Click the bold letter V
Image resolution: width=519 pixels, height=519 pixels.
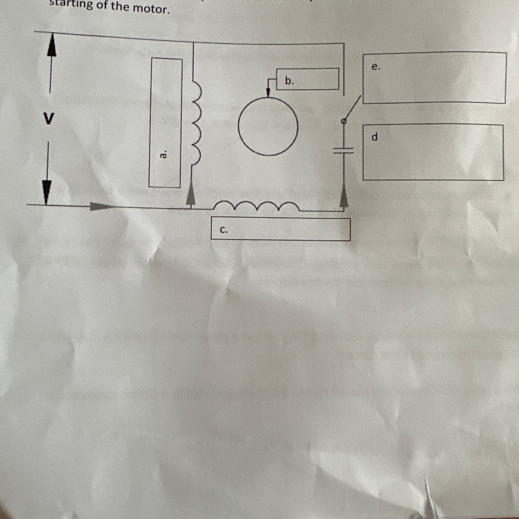48,118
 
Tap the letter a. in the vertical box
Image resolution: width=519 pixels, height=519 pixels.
164,154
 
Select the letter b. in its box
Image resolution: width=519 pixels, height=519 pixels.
289,81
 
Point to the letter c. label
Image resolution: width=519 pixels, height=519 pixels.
224,230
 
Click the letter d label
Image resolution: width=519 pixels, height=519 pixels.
375,137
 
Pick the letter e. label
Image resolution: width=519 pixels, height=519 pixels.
375,67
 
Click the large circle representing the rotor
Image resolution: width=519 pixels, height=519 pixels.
268,126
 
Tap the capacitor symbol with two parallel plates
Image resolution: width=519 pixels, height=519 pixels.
344,151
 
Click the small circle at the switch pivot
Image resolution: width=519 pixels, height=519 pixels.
344,121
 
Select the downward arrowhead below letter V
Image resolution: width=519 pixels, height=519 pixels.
47,192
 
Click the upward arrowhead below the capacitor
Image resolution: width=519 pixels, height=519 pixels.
344,197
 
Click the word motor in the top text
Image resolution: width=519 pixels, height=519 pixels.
151,9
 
